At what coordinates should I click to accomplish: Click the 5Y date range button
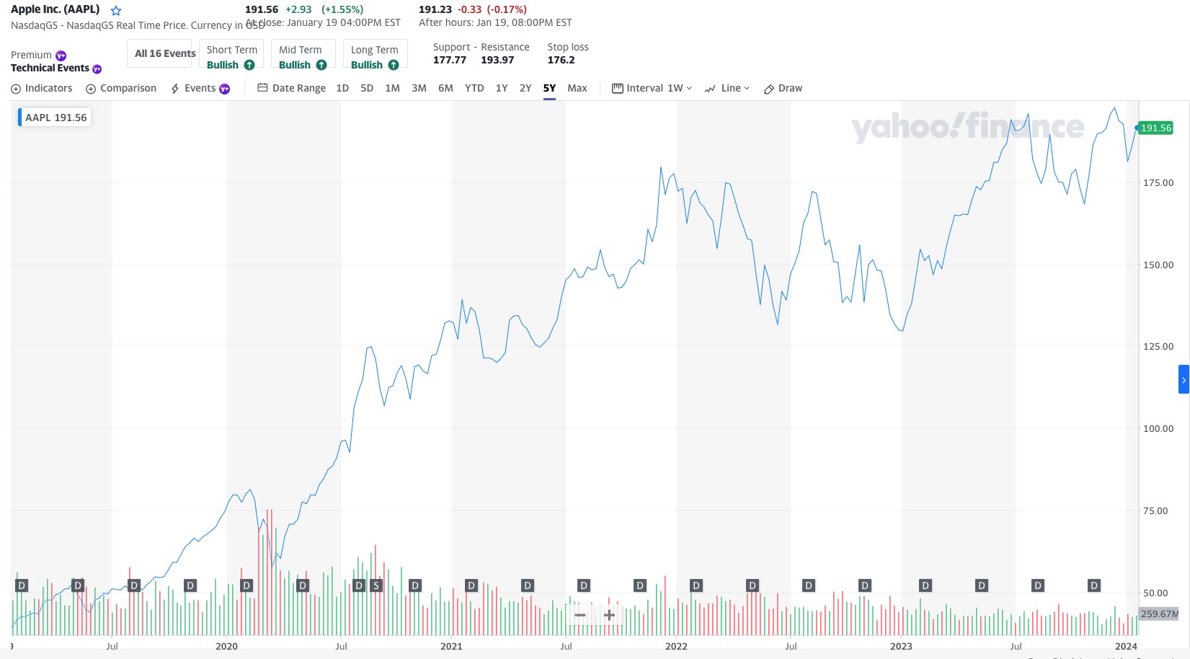[549, 88]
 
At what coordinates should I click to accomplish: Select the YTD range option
[474, 88]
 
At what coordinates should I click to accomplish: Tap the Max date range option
[577, 88]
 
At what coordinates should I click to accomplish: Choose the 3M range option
[419, 88]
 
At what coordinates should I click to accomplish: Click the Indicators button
[42, 88]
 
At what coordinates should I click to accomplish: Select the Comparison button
[121, 88]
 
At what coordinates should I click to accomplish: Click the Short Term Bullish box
[231, 54]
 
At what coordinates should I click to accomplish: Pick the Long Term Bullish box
[375, 54]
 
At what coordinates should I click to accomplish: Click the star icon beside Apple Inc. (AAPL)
[116, 11]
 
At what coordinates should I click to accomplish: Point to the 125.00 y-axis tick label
[1158, 347]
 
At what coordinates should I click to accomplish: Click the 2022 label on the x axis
[676, 646]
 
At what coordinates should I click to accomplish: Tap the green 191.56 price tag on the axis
[1156, 128]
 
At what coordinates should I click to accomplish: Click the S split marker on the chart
[376, 585]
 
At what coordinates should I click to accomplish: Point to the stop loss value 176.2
[561, 61]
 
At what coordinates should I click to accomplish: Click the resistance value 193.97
[497, 61]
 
